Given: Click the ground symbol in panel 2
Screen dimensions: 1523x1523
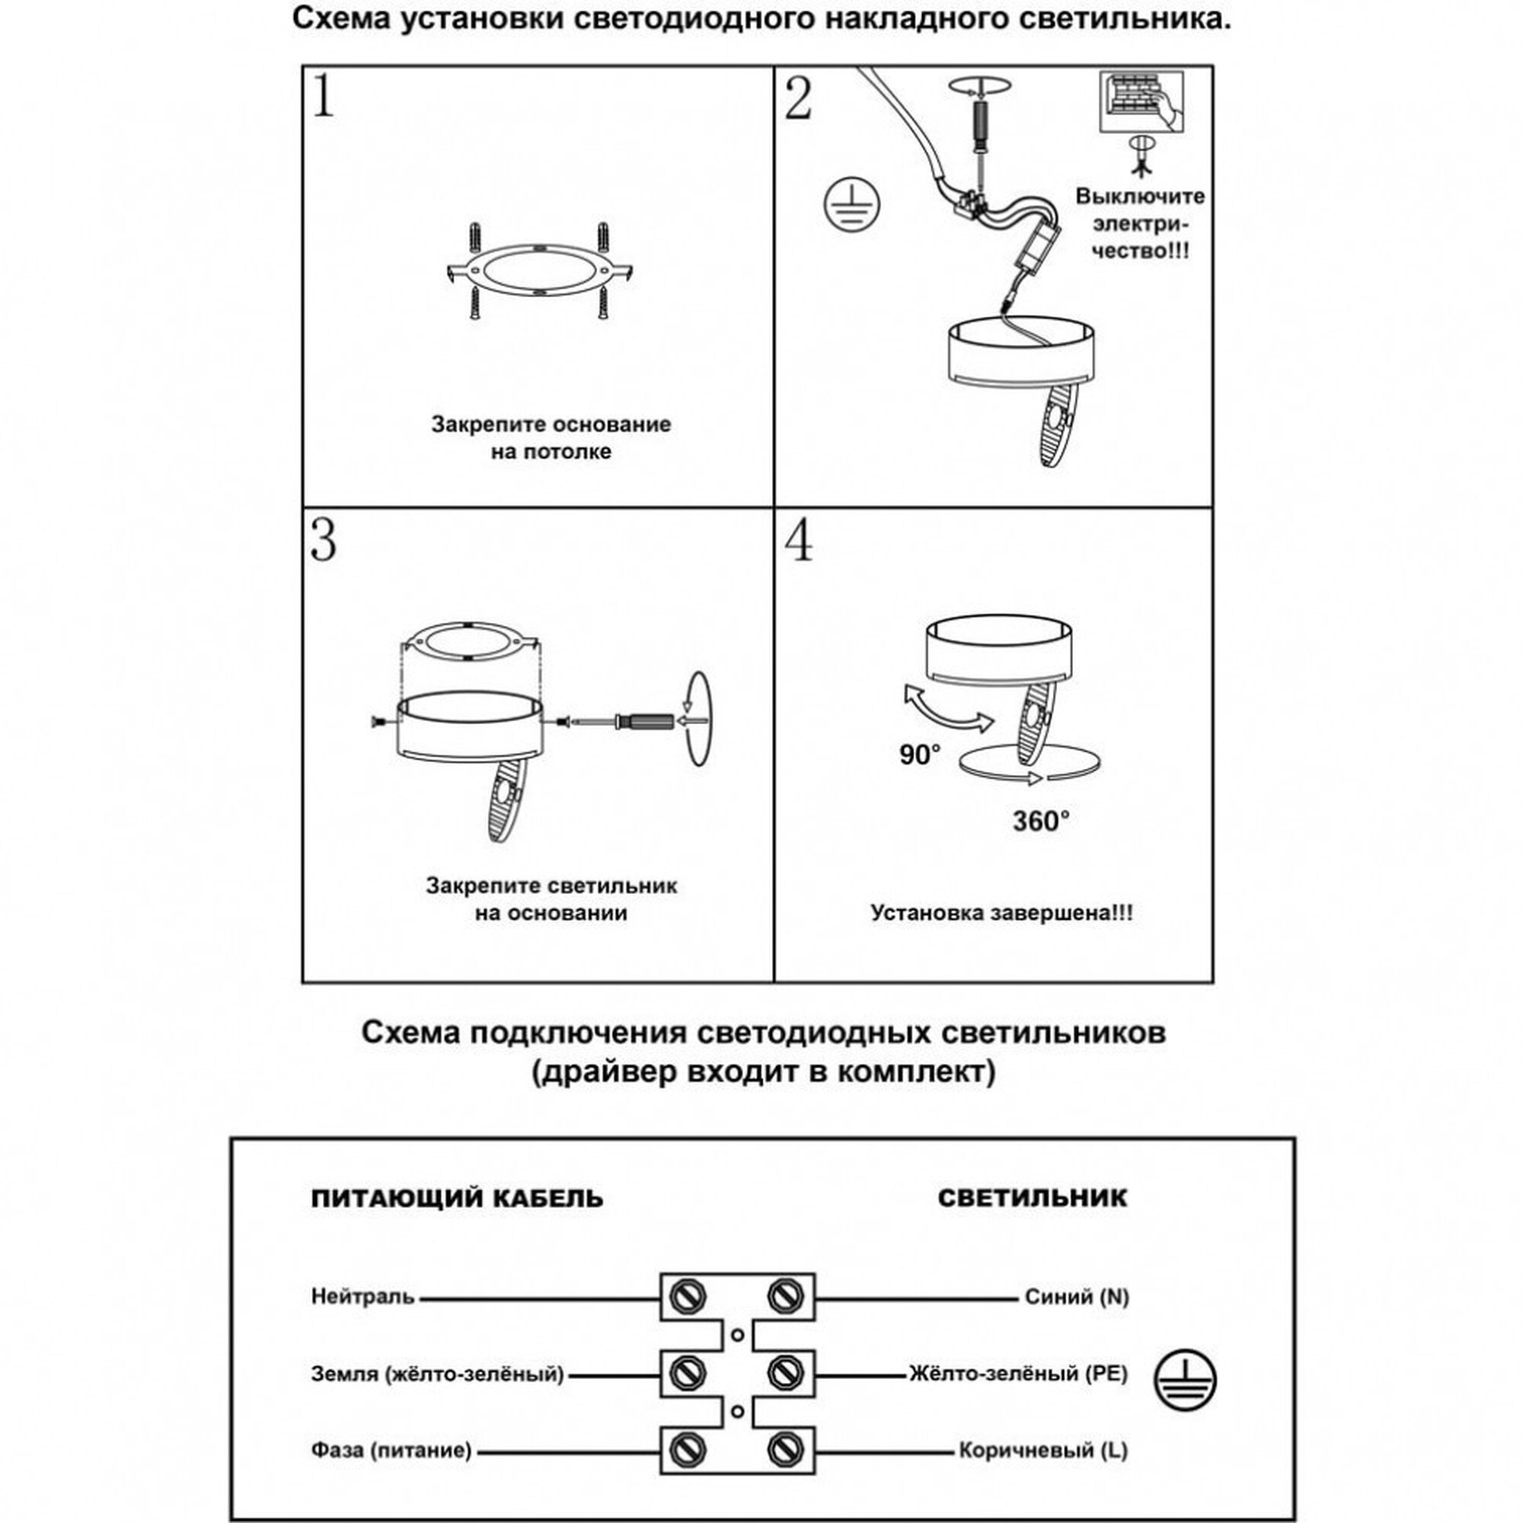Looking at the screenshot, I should click(851, 203).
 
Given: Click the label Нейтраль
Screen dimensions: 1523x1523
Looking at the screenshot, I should click(362, 1297).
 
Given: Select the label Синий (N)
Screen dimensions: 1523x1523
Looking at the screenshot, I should click(1077, 1297).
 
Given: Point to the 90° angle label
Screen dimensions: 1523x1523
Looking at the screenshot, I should click(920, 755).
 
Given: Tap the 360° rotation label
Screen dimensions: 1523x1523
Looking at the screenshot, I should click(1040, 821).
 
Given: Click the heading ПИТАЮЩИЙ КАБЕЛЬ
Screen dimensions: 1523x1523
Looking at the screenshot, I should click(457, 1198).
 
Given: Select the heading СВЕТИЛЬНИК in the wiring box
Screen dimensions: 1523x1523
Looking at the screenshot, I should click(1032, 1197).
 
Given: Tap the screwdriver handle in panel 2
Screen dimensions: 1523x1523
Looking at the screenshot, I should click(982, 122).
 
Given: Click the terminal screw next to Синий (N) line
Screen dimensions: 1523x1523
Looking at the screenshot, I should click(784, 1296).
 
